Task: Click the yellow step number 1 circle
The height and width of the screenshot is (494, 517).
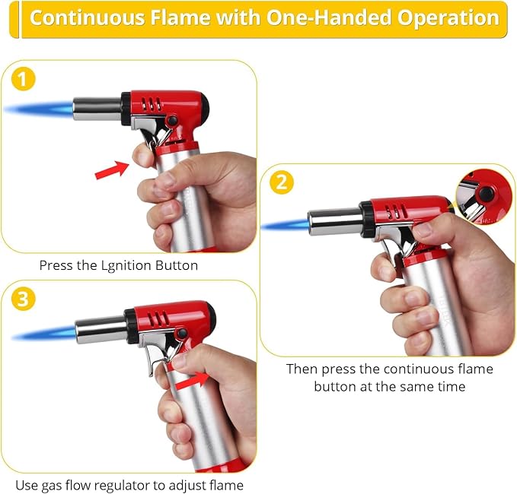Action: click(23, 79)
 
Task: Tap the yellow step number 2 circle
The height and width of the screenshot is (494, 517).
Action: click(282, 182)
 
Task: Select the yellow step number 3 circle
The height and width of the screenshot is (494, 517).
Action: click(23, 299)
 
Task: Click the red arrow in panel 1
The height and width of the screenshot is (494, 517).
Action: click(112, 169)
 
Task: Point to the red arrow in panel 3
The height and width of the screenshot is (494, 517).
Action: click(192, 381)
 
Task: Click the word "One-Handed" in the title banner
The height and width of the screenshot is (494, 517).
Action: click(329, 17)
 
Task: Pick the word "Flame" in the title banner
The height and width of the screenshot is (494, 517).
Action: click(180, 17)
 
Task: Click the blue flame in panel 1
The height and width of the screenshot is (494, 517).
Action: click(39, 109)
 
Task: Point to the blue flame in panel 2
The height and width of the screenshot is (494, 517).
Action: click(286, 225)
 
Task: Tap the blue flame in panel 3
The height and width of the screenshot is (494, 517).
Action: click(44, 333)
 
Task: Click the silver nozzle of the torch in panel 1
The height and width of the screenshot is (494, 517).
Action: click(97, 108)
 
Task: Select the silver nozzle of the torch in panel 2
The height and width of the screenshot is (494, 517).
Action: click(335, 222)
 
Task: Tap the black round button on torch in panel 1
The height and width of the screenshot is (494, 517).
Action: click(171, 120)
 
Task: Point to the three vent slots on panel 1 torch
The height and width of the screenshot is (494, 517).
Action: click(151, 104)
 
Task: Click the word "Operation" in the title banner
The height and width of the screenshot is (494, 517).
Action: click(448, 18)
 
